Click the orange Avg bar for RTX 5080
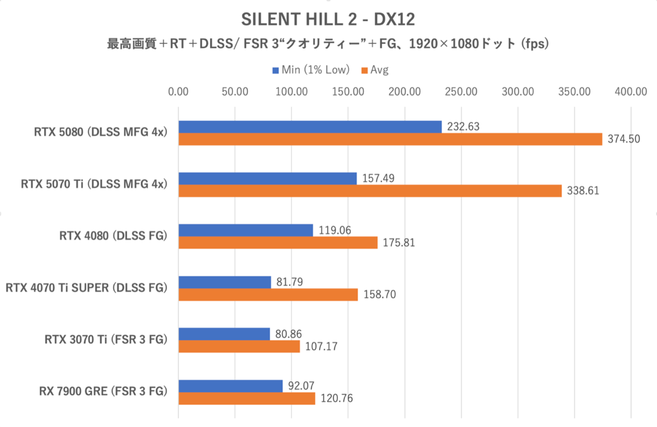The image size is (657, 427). [390, 139]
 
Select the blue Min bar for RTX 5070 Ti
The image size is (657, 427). [267, 178]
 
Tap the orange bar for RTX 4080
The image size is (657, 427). [278, 243]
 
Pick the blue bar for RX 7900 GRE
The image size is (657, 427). [230, 386]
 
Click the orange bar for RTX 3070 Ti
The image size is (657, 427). [239, 347]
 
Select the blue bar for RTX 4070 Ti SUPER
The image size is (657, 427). [224, 282]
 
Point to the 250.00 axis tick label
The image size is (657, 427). [461, 92]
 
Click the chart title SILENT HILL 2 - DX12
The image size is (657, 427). [328, 20]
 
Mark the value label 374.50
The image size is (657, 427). [624, 140]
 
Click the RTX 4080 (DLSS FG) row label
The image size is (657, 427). [113, 236]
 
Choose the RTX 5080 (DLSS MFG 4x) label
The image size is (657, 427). [99, 132]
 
